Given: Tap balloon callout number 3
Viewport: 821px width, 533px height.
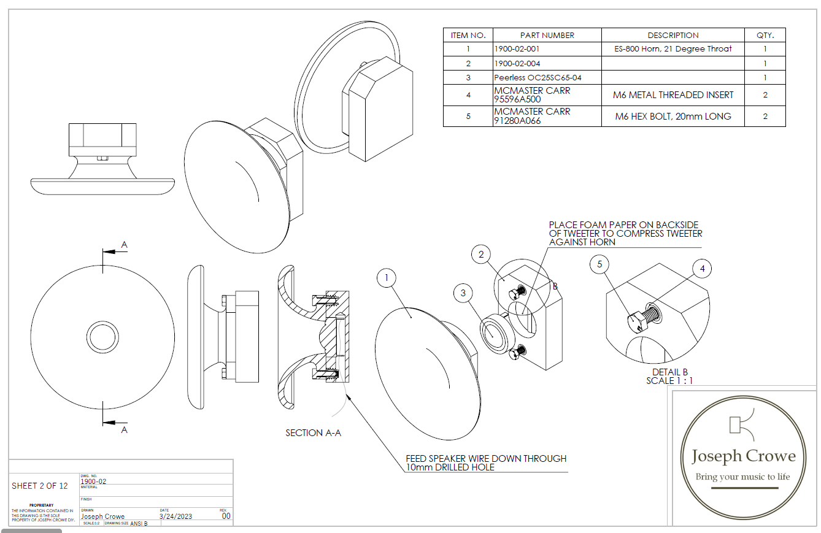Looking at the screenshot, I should pyautogui.click(x=463, y=293).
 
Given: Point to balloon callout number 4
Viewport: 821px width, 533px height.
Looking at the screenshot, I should pyautogui.click(x=702, y=268).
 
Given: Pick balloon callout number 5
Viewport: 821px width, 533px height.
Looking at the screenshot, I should pyautogui.click(x=599, y=264).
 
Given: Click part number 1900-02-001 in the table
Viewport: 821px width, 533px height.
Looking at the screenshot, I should pyautogui.click(x=517, y=49).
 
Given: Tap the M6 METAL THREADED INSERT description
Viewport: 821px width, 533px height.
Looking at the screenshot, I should pyautogui.click(x=673, y=95).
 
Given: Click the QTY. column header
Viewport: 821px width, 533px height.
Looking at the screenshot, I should pyautogui.click(x=765, y=36).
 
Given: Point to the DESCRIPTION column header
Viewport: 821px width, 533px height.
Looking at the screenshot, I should pyautogui.click(x=673, y=36).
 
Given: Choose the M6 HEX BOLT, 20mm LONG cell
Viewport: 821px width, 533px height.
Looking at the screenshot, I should pyautogui.click(x=673, y=117).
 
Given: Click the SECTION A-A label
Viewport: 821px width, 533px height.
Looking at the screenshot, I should pyautogui.click(x=313, y=433).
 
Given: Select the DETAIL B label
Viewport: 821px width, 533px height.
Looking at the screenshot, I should pyautogui.click(x=669, y=372).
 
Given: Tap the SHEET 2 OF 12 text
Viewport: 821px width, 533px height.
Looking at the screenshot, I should pyautogui.click(x=40, y=486).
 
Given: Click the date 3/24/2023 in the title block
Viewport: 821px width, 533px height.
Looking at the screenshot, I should pyautogui.click(x=175, y=516).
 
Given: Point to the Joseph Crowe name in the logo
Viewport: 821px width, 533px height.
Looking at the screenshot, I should pyautogui.click(x=743, y=456).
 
